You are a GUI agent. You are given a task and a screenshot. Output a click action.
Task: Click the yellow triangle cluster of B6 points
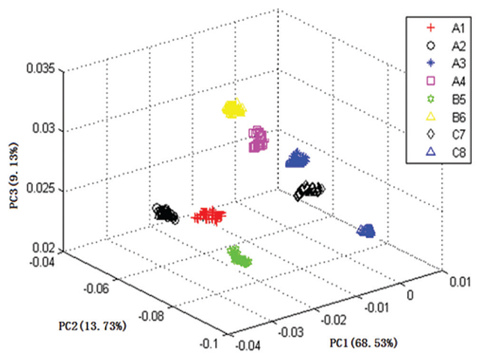point(235,109)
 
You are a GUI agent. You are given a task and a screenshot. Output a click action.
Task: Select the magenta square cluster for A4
point(258,139)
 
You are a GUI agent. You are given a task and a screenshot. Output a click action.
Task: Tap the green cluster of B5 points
point(240,257)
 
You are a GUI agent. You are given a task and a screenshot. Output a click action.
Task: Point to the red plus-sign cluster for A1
point(208,216)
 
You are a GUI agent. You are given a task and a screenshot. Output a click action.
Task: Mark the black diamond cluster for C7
point(308,190)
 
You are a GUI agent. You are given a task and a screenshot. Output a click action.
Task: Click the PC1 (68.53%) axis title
point(363,342)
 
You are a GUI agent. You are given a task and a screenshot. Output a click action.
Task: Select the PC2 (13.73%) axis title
point(91,325)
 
